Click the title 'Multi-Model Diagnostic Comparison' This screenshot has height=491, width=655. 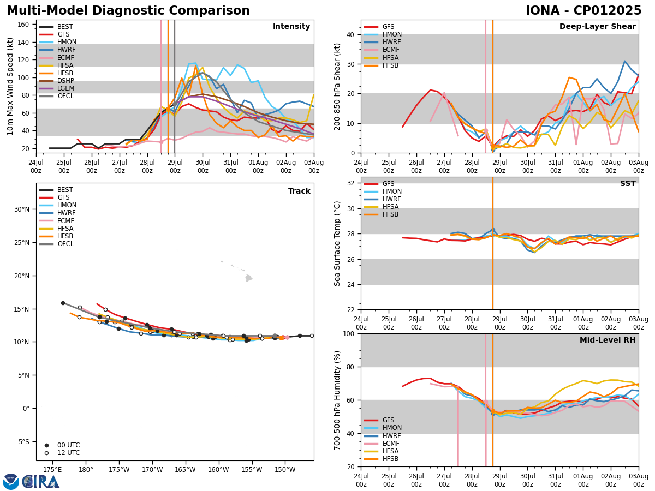pyautogui.click(x=128, y=11)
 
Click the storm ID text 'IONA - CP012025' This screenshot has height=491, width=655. pyautogui.click(x=583, y=11)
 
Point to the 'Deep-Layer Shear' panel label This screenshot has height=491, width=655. pyautogui.click(x=597, y=27)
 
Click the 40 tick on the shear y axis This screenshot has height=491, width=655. pyautogui.click(x=350, y=35)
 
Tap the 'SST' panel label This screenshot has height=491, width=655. pyautogui.click(x=627, y=184)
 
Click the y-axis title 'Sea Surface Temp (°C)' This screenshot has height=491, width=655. pyautogui.click(x=338, y=243)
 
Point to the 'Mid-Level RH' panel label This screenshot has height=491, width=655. pyautogui.click(x=607, y=340)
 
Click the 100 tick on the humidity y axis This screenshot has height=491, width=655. pyautogui.click(x=348, y=334)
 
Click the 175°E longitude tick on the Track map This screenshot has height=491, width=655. pyautogui.click(x=52, y=470)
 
